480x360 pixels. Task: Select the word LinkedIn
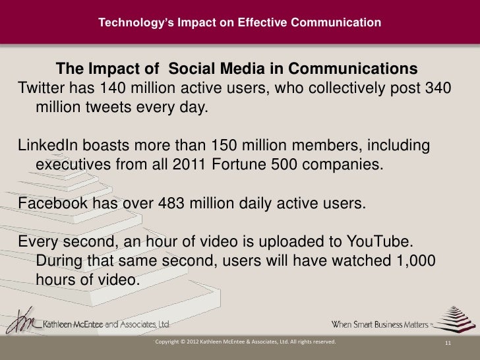pos(44,145)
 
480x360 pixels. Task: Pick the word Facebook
pos(49,202)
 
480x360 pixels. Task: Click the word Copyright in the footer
pos(167,343)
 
